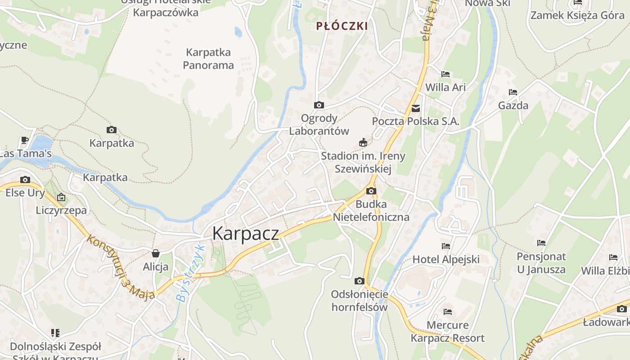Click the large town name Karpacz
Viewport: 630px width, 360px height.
point(245,233)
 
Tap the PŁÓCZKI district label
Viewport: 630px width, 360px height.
point(342,26)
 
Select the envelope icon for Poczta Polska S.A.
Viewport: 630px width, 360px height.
point(415,108)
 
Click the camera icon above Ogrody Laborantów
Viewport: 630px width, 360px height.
point(319,105)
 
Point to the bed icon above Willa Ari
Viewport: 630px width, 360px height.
point(445,74)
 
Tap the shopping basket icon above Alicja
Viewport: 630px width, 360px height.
point(156,253)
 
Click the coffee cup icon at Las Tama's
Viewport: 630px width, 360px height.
point(25,140)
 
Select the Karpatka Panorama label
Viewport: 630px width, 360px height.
point(208,59)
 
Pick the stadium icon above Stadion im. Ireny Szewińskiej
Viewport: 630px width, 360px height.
point(363,143)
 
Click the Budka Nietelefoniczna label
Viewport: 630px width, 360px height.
point(371,211)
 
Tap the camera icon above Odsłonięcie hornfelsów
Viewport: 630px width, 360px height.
point(359,281)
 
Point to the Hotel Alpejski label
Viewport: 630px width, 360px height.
point(446,259)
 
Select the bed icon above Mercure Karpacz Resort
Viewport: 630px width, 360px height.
point(447,312)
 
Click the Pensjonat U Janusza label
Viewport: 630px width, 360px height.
point(541,263)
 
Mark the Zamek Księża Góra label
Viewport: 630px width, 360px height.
point(577,15)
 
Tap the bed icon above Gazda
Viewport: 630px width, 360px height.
point(513,92)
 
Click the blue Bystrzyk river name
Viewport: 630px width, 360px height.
point(190,274)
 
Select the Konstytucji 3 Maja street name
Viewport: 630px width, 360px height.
point(121,267)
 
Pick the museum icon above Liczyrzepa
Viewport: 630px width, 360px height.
point(61,197)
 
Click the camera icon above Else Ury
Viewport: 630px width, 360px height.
point(25,180)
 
